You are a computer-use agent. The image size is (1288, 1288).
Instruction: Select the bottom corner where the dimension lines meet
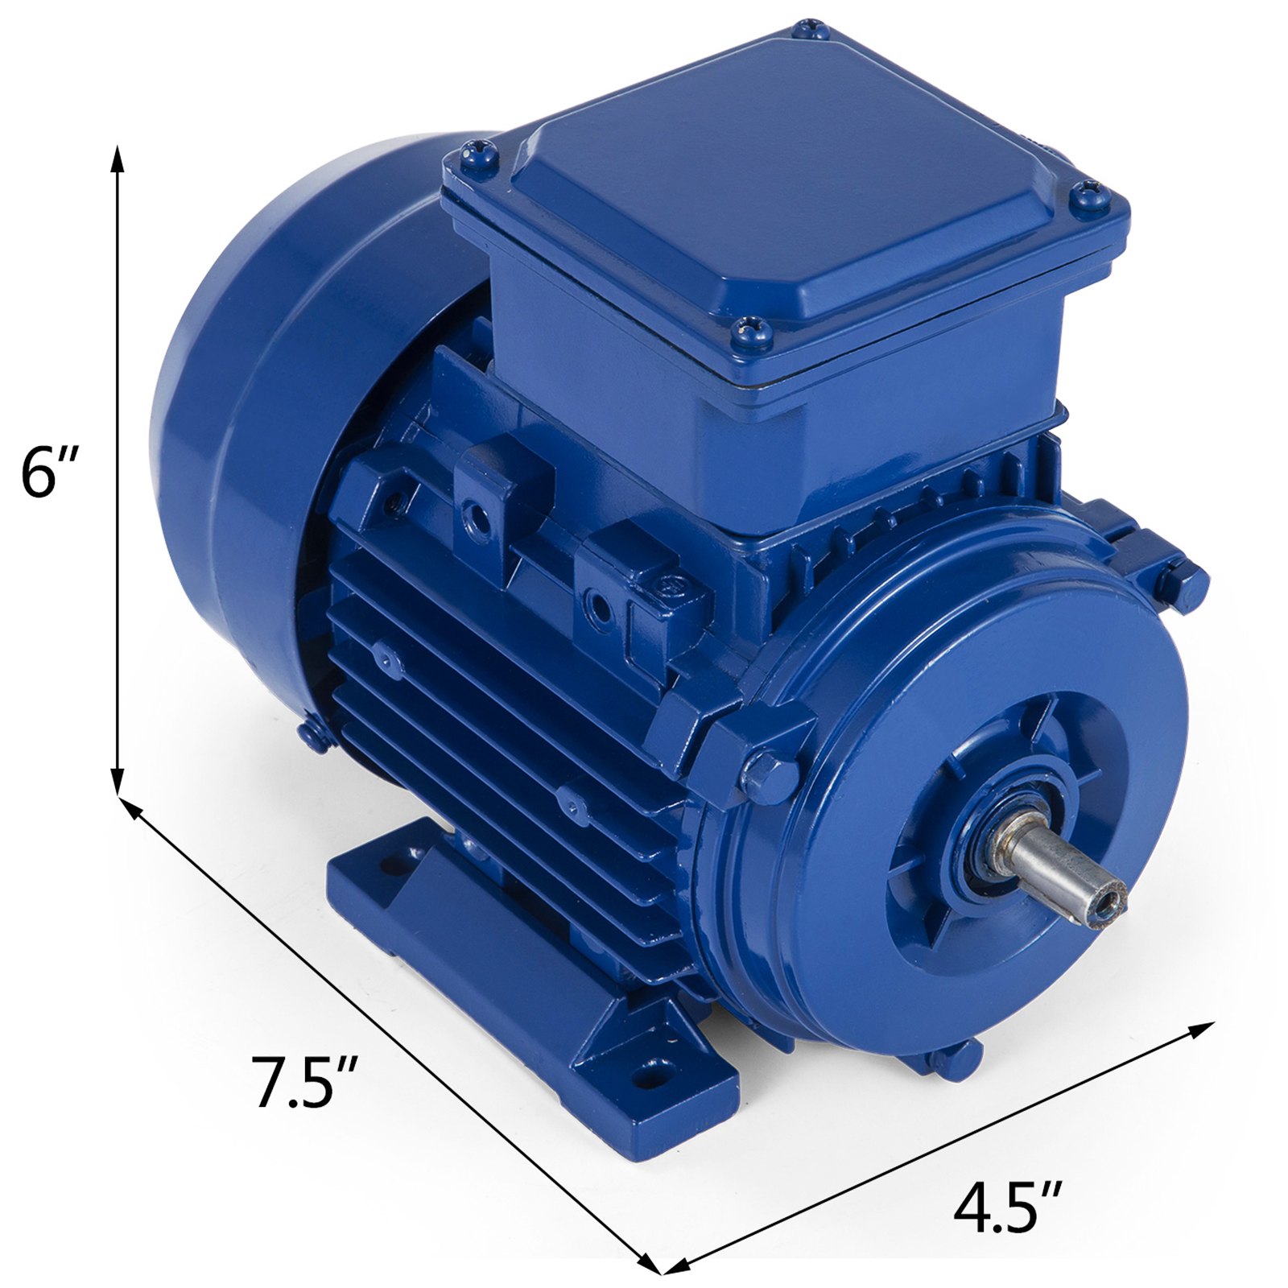(x=660, y=1273)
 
